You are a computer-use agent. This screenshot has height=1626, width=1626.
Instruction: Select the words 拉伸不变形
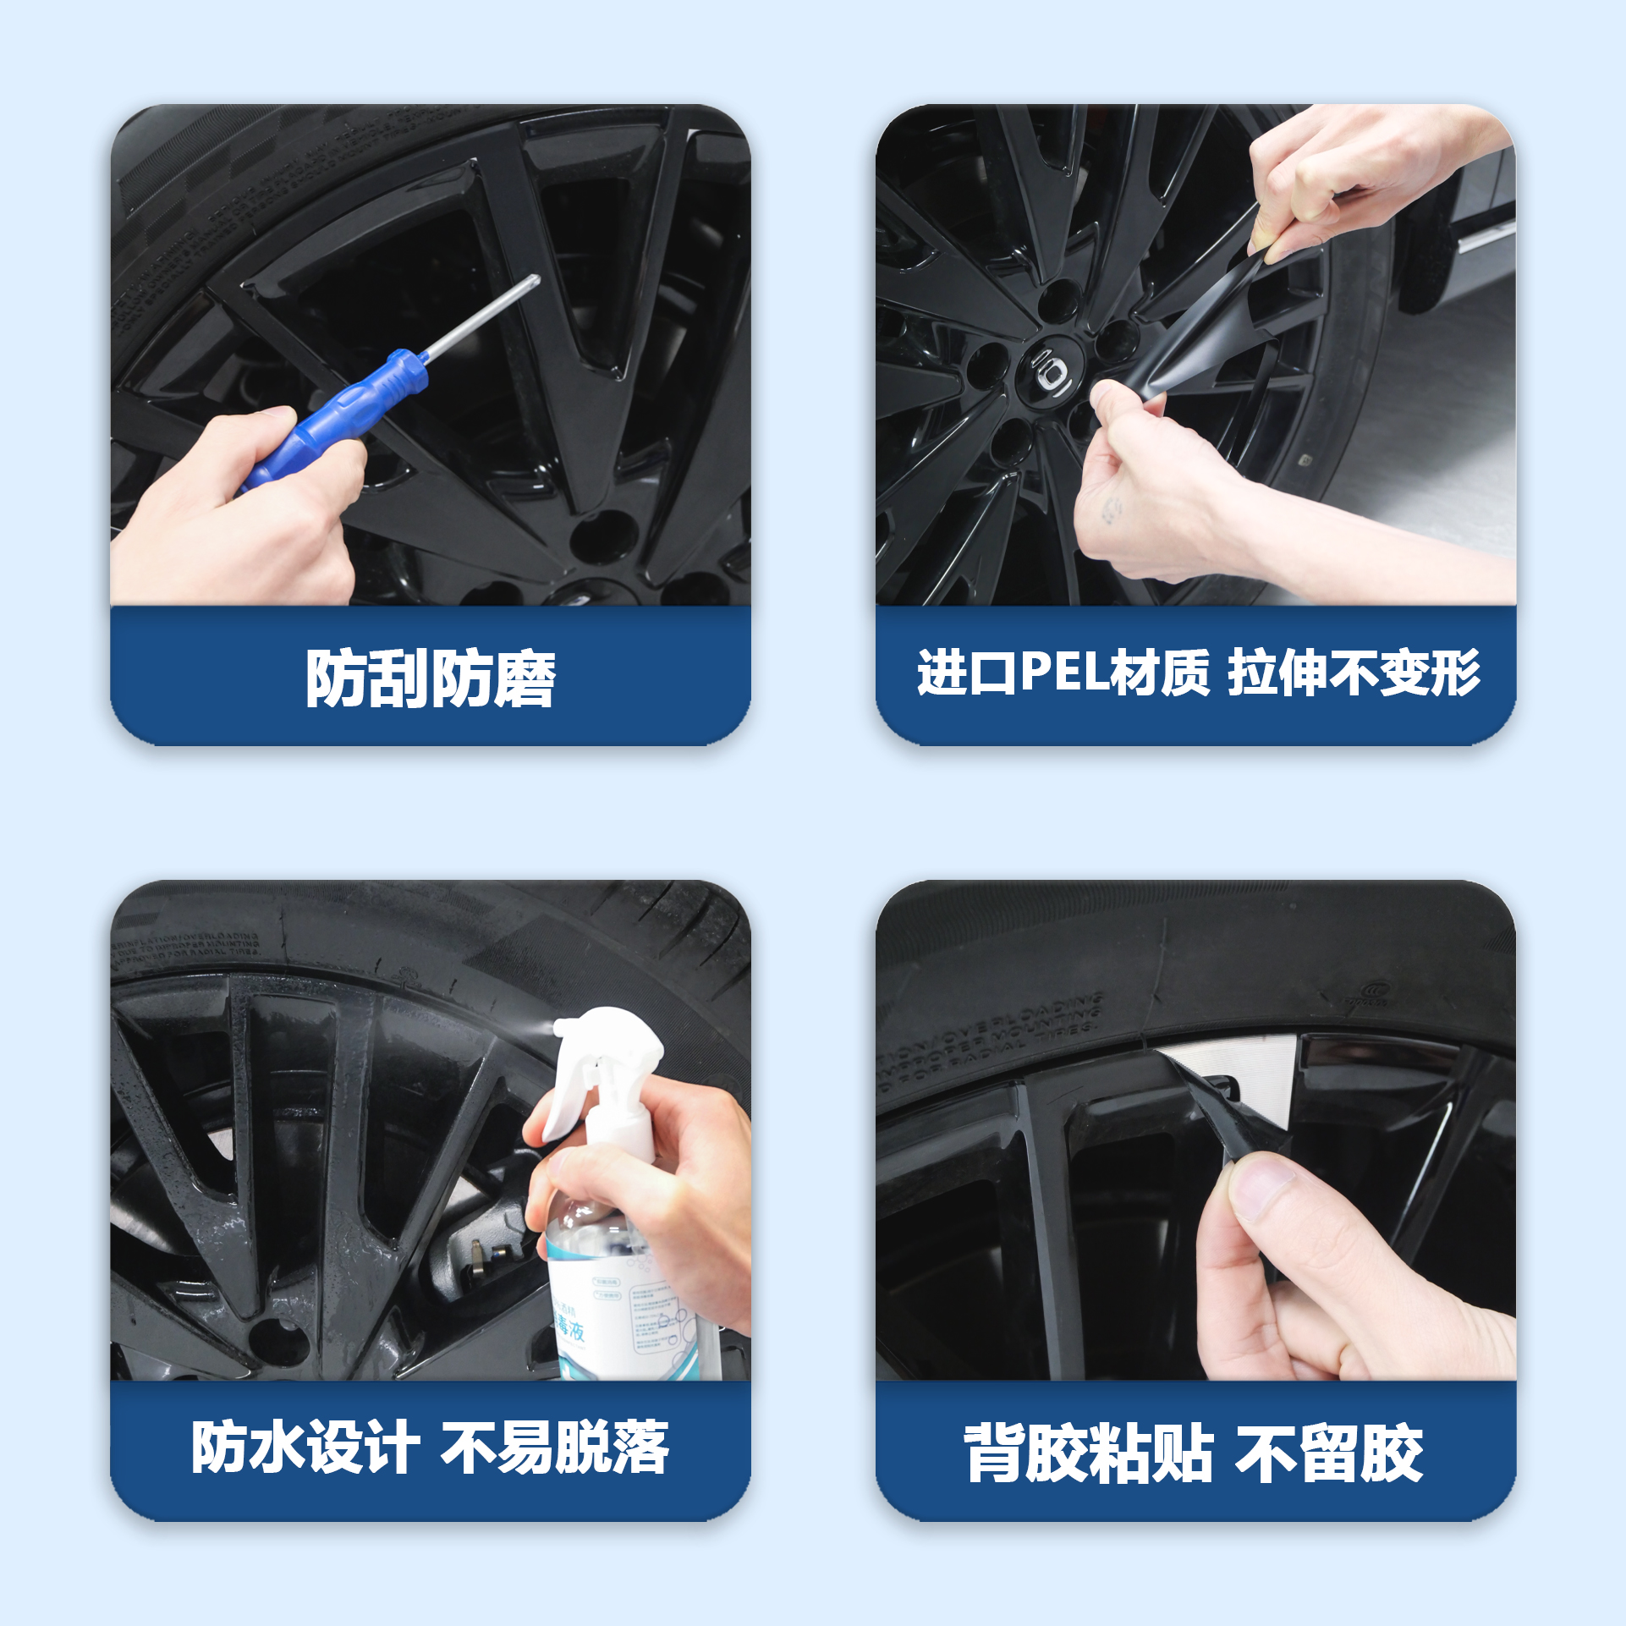[1354, 673]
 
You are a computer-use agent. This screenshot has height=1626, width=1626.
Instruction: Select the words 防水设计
[305, 1447]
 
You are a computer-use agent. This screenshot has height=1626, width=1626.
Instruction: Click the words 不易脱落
[555, 1447]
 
